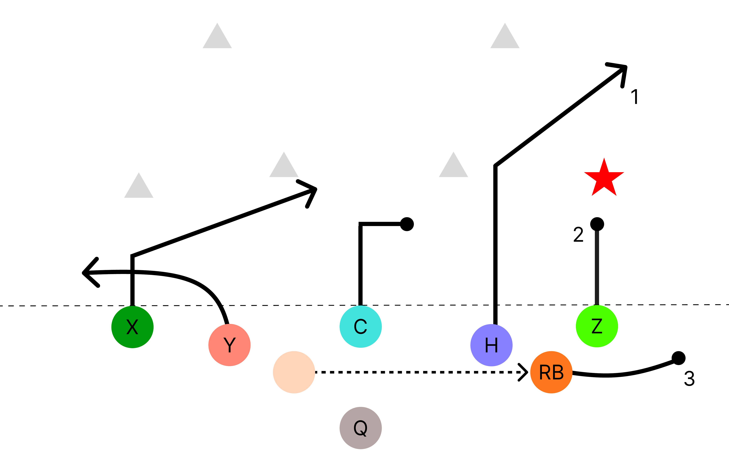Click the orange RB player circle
[x=551, y=372]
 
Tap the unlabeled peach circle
[x=294, y=372]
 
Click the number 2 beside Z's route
[x=578, y=234]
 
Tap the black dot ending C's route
[x=407, y=224]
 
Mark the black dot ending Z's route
[x=597, y=224]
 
